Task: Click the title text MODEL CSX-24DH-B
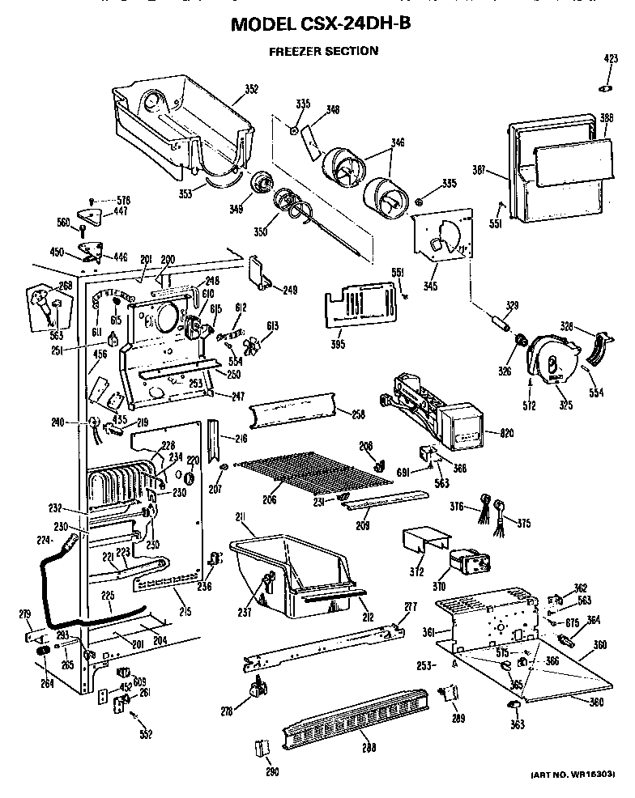click(x=321, y=24)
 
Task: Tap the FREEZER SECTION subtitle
click(x=323, y=51)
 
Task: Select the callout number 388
click(x=604, y=118)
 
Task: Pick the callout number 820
click(x=507, y=434)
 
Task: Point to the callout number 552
click(x=145, y=735)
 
